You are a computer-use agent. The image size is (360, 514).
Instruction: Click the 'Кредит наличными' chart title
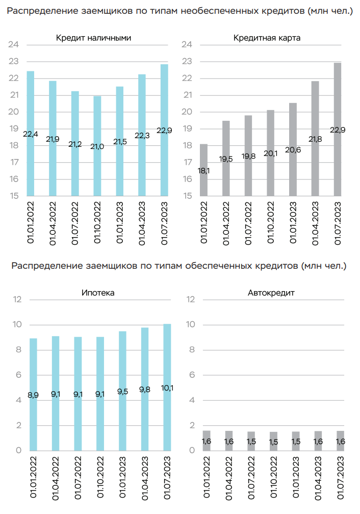[93, 38]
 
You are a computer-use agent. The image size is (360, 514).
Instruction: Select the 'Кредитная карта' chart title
[267, 38]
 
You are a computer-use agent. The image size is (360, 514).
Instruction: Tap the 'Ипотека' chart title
[98, 293]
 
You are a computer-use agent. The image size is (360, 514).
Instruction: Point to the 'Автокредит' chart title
[272, 293]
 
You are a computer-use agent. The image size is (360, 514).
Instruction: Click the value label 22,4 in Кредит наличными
[31, 134]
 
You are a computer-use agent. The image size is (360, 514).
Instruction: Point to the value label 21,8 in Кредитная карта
[316, 138]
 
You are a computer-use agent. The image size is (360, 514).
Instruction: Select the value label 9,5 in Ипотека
[122, 394]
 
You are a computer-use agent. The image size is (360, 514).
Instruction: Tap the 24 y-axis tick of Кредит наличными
[14, 45]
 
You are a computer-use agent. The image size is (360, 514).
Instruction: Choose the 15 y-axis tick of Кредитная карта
[187, 196]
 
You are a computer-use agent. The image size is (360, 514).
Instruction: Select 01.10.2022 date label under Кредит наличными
[97, 224]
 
